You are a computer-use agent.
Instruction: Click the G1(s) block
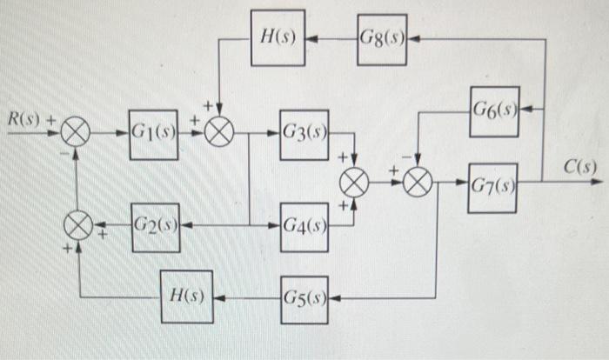pos(154,134)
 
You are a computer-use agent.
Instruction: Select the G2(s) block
pos(154,227)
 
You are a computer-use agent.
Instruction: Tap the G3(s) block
pos(304,134)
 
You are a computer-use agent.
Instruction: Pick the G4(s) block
pos(304,227)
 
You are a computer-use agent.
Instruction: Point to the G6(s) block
pos(494,111)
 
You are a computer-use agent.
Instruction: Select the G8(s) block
pos(383,39)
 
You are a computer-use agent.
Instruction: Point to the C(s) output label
pos(578,166)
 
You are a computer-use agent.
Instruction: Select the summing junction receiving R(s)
pos(77,135)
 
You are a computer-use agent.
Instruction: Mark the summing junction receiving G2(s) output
pos(77,227)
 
